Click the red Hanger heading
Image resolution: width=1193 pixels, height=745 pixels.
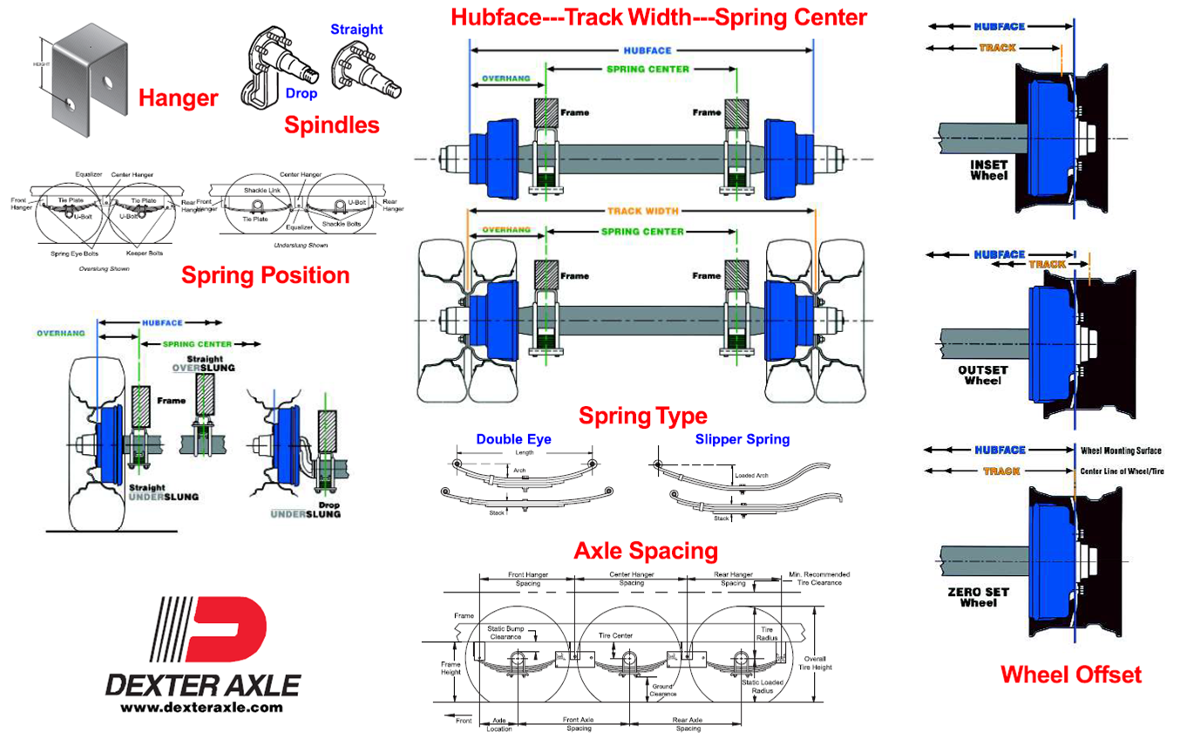coord(178,98)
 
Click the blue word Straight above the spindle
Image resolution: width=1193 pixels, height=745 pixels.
coord(356,30)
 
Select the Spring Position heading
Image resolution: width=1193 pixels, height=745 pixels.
coord(265,275)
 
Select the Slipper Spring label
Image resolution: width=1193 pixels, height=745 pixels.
coord(742,439)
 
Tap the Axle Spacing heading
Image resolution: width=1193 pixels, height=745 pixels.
coord(645,551)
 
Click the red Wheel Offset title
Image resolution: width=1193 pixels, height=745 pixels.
coord(1070,674)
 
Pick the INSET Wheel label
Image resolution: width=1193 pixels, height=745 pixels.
coord(989,170)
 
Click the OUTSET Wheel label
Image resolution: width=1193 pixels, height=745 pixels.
coord(983,375)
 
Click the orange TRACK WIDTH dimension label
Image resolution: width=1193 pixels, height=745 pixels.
coord(642,211)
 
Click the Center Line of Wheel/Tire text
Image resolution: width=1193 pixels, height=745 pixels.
coord(1128,471)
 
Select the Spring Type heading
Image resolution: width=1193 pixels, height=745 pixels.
coord(643,416)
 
